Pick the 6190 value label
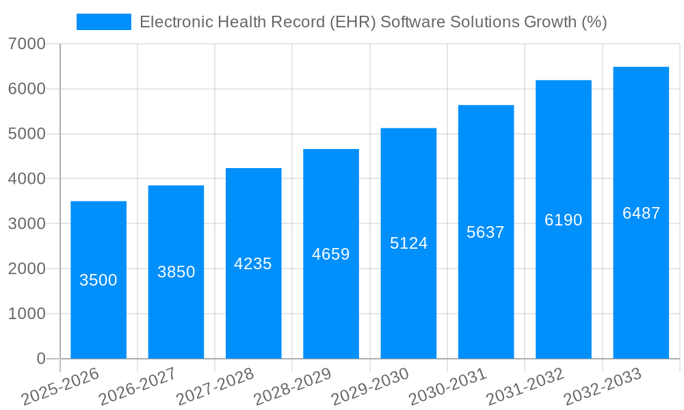pyautogui.click(x=564, y=220)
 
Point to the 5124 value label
pyautogui.click(x=408, y=243)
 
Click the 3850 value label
pyautogui.click(x=176, y=272)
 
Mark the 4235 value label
pyautogui.click(x=253, y=264)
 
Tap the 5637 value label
pyautogui.click(x=486, y=232)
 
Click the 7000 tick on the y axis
pyautogui.click(x=27, y=44)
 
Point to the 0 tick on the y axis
pyautogui.click(x=41, y=359)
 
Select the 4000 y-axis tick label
pyautogui.click(x=27, y=179)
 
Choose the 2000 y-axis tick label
pyautogui.click(x=27, y=269)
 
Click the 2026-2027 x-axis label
pyautogui.click(x=137, y=387)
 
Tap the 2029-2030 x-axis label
pyautogui.click(x=370, y=387)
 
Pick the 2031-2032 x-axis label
pyautogui.click(x=525, y=387)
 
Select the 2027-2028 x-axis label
pyautogui.click(x=215, y=387)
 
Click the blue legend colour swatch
pyautogui.click(x=103, y=22)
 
